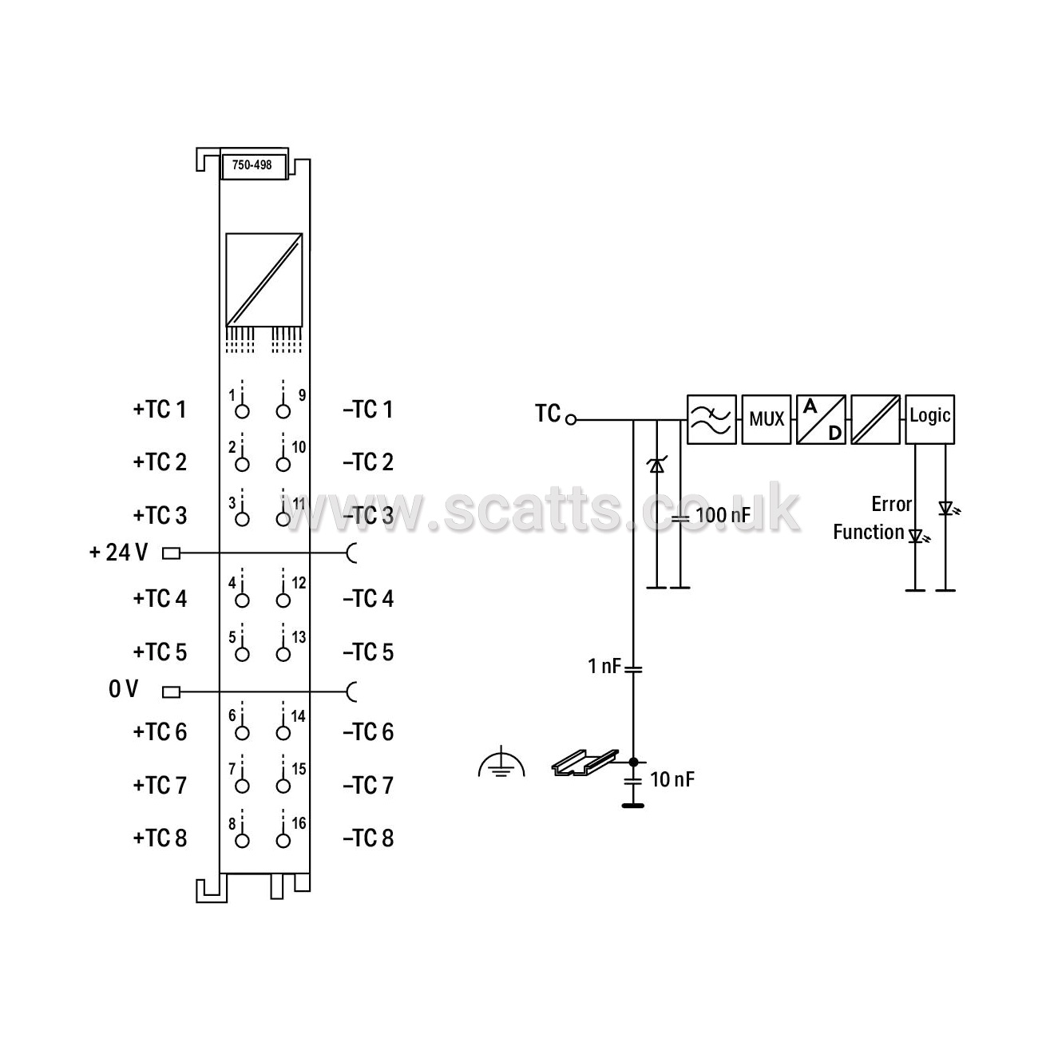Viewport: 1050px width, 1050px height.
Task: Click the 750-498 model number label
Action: click(x=252, y=164)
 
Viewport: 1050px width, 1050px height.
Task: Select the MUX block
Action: click(x=766, y=419)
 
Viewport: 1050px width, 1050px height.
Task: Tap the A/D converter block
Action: click(x=821, y=419)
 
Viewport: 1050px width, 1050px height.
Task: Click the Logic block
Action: click(x=930, y=419)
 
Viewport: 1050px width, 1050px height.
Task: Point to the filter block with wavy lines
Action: click(x=711, y=419)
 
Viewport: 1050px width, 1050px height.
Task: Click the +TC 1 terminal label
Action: click(x=160, y=409)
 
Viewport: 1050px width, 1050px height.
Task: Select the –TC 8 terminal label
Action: click(x=368, y=838)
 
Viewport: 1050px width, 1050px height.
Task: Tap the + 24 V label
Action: click(x=119, y=552)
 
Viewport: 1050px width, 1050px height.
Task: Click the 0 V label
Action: click(x=124, y=689)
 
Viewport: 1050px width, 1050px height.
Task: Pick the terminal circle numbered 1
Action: click(x=242, y=411)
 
